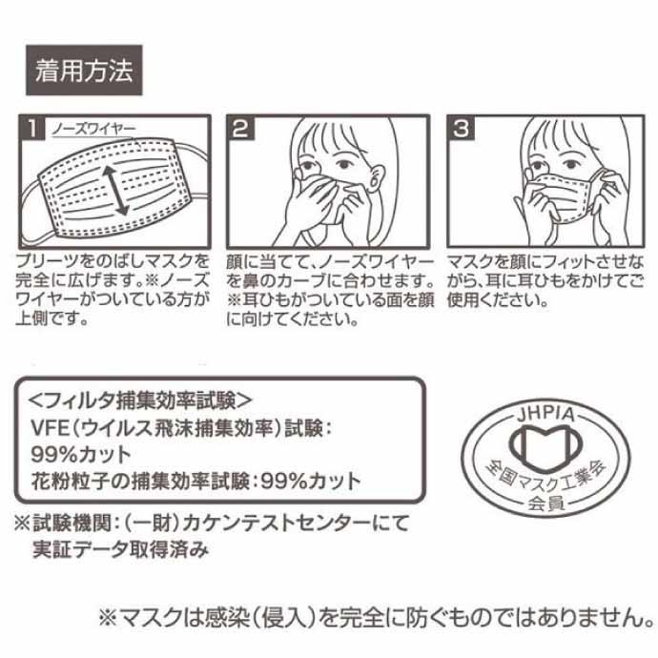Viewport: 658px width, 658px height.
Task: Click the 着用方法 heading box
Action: (x=84, y=70)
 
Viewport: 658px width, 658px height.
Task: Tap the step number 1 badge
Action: (x=32, y=128)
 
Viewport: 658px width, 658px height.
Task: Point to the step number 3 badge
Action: (x=461, y=128)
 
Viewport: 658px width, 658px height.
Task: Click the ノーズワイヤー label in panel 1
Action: (x=93, y=130)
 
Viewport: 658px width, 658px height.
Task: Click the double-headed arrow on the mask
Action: (x=116, y=191)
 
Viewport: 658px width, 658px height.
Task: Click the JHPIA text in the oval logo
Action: (x=545, y=414)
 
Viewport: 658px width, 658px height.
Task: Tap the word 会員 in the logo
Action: (x=545, y=504)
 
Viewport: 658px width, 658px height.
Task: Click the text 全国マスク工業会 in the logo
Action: (x=545, y=477)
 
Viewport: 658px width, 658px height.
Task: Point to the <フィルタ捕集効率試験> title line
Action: (x=140, y=401)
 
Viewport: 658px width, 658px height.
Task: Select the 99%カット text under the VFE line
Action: (x=81, y=455)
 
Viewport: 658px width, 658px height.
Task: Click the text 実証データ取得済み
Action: (x=120, y=549)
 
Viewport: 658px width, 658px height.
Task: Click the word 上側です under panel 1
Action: (x=52, y=319)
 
